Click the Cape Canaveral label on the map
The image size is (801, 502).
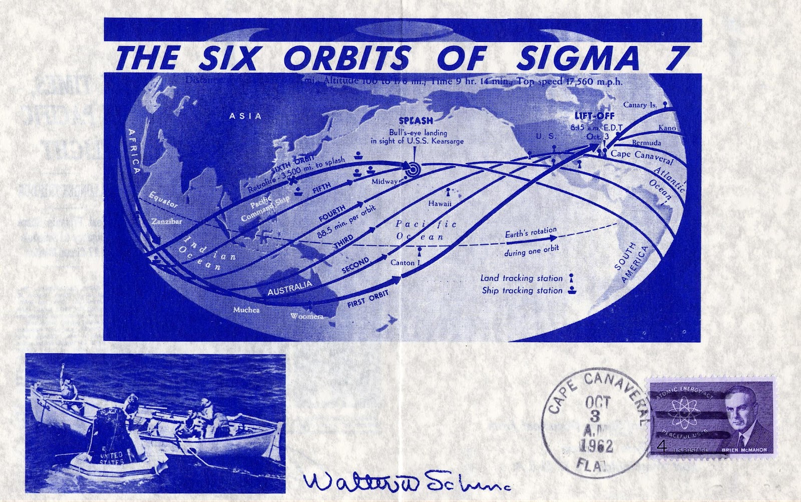(x=642, y=155)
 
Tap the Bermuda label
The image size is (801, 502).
(x=646, y=143)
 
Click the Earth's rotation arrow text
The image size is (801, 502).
(x=531, y=232)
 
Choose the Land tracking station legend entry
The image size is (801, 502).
(x=522, y=278)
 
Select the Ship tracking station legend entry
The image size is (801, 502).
(x=522, y=290)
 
